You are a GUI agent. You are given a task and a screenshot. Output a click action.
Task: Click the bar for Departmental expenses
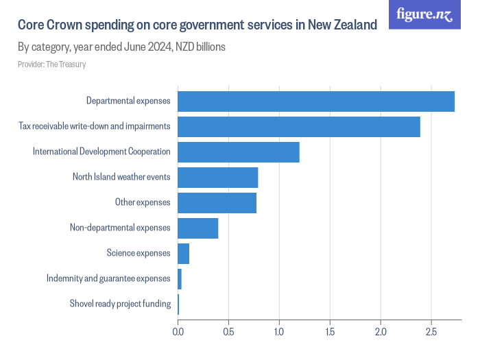tap(315, 101)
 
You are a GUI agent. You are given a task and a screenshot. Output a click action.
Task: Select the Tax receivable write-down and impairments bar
tap(298, 126)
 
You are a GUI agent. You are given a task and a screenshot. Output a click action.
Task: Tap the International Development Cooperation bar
tap(239, 152)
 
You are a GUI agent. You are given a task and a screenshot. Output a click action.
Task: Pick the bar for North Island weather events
tap(217, 177)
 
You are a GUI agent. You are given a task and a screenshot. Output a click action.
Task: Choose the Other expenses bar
tap(217, 202)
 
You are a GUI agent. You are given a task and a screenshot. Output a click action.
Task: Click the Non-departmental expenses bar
tap(197, 228)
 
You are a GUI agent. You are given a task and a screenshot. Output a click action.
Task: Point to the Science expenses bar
tap(183, 253)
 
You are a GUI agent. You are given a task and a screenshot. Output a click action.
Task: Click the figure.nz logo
tap(424, 14)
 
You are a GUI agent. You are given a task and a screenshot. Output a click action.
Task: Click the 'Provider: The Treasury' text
tap(51, 64)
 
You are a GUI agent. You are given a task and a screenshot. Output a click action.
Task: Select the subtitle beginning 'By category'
tap(121, 47)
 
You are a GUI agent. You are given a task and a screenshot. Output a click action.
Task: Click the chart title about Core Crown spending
tap(197, 25)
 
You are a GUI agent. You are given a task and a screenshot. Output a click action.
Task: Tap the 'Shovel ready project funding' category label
tap(120, 304)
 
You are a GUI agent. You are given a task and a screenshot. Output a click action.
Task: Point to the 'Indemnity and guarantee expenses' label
tap(108, 278)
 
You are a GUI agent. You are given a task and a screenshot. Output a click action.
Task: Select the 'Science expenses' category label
tap(139, 253)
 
